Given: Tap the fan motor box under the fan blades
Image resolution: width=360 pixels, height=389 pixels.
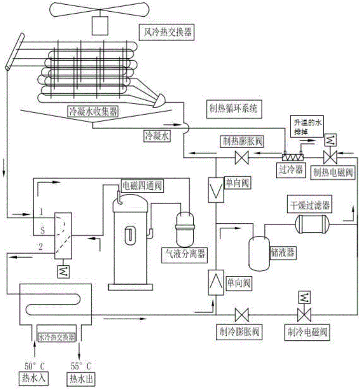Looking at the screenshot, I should coord(100,24).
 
